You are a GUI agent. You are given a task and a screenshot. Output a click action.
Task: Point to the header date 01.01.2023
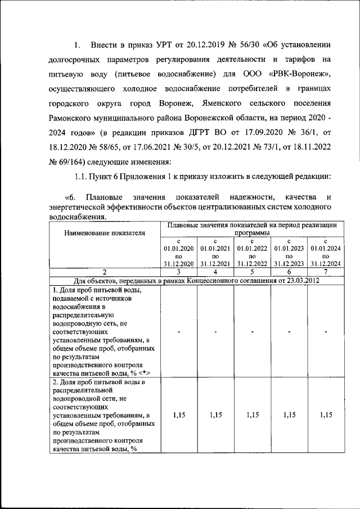coord(289,247)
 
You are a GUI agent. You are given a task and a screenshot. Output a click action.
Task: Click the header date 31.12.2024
coord(326,263)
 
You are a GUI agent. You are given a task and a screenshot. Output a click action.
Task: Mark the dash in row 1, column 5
coord(253,331)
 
